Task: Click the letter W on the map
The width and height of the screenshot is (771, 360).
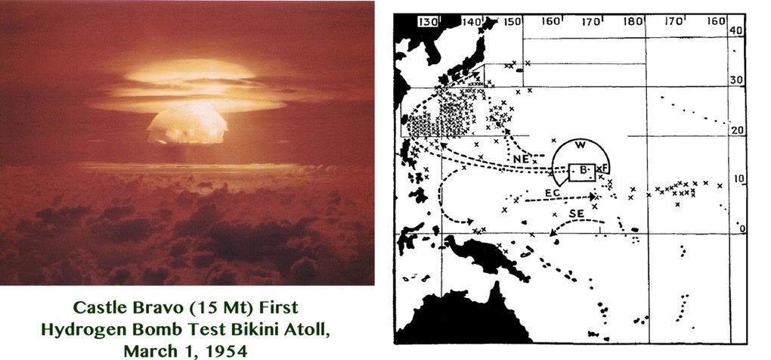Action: point(580,145)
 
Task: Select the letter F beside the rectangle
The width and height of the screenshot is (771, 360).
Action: point(605,167)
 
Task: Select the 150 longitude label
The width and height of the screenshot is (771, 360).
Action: point(513,21)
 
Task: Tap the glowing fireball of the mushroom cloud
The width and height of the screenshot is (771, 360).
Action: point(186,122)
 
